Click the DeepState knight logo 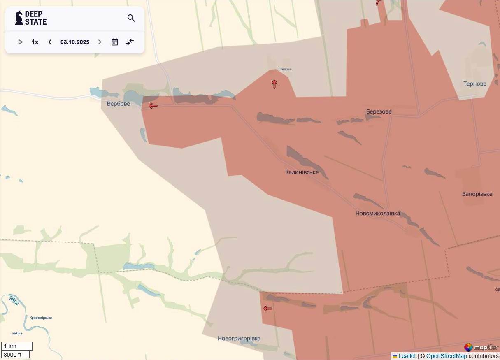tap(19, 18)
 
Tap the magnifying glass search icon tap(131, 18)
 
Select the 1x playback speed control tap(35, 42)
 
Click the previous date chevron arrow tap(50, 42)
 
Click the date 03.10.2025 tap(75, 42)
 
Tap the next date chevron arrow tap(100, 42)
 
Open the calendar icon tap(115, 42)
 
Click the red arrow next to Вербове tap(153, 106)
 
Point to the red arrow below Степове tap(274, 84)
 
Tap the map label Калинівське tap(302, 172)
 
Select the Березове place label tap(379, 111)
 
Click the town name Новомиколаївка tap(377, 214)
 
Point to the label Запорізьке tap(477, 194)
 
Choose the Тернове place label tap(474, 84)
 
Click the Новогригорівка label tap(239, 338)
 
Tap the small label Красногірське tap(41, 318)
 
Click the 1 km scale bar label tap(11, 346)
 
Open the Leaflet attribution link tap(407, 356)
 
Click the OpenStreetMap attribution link tap(446, 356)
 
